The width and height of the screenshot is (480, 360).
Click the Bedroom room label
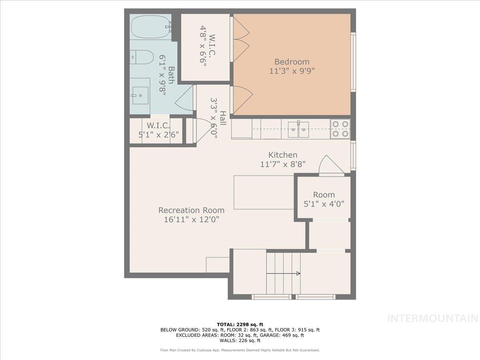coord(292,62)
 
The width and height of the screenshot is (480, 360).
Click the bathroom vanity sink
coord(140,95)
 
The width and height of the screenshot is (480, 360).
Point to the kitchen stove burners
coord(340,129)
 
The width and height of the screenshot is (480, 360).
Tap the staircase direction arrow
coord(283,274)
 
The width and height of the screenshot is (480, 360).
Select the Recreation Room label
coord(191,210)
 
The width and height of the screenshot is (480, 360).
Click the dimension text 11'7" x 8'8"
coord(282,164)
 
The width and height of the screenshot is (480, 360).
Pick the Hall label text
coord(222,118)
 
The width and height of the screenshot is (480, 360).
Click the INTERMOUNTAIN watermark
coord(433,318)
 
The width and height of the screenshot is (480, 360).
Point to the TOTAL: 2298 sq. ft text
coord(240,324)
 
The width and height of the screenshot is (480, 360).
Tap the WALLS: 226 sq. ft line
coord(240,341)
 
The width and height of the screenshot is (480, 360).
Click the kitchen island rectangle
coord(264,192)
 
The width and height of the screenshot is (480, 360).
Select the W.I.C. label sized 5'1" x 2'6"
coord(158,130)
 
